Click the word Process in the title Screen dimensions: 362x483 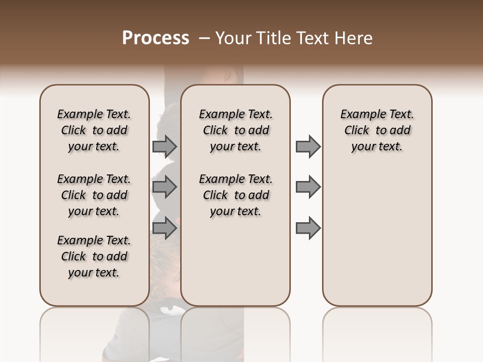155,38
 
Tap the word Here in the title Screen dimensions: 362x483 353,38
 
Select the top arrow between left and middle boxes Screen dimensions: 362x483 165,147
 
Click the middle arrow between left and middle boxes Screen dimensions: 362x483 165,187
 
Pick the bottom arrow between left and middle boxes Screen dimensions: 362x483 165,228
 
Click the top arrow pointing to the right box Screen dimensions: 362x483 308,147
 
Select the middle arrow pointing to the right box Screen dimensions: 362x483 308,187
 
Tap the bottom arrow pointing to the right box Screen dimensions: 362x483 308,228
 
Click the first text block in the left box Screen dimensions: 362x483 94,130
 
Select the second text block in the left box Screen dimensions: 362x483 94,195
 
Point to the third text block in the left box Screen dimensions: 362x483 94,256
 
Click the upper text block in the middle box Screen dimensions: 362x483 235,130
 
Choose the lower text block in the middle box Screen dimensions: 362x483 235,195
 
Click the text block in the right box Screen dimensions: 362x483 377,130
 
